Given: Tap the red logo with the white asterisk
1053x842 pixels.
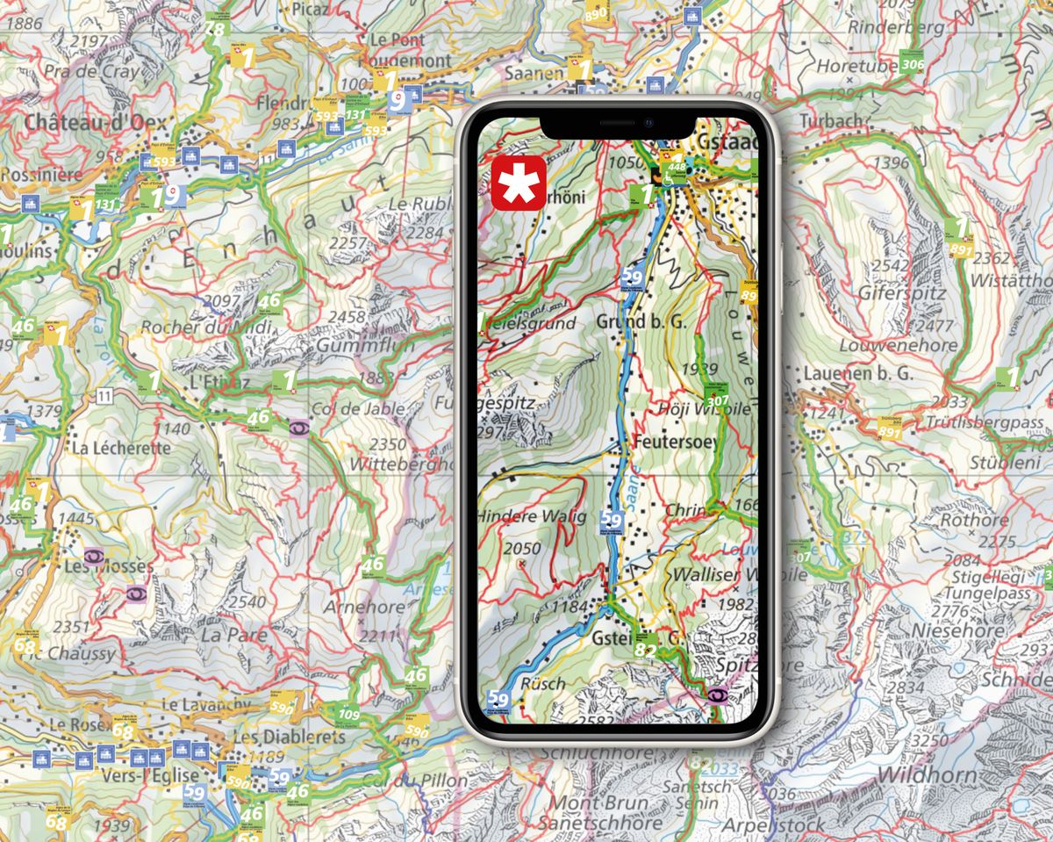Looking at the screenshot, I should click(519, 184).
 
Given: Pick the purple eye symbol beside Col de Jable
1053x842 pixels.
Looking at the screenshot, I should click(298, 428).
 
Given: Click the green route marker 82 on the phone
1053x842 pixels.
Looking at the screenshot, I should click(645, 649).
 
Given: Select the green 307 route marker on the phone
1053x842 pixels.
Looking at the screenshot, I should click(717, 400).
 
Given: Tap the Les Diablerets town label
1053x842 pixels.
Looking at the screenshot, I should click(290, 737).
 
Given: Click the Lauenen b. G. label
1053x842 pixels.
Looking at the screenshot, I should click(858, 373).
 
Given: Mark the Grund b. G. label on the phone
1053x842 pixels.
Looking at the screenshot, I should click(628, 321).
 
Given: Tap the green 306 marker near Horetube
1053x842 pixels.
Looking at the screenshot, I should click(913, 64).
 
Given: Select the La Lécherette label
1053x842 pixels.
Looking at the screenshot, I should click(121, 447).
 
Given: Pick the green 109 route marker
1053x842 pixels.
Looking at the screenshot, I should click(348, 714).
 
